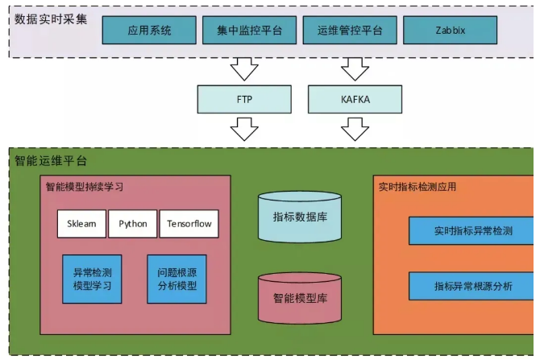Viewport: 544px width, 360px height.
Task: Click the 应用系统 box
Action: pyautogui.click(x=149, y=31)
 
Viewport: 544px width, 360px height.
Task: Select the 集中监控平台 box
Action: pyautogui.click(x=250, y=31)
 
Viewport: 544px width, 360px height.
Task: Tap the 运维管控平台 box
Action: pyautogui.click(x=350, y=31)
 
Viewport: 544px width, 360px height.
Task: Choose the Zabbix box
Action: pyautogui.click(x=450, y=31)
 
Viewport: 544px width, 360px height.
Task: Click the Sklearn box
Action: pyautogui.click(x=81, y=224)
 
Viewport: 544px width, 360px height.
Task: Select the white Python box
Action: pyautogui.click(x=133, y=224)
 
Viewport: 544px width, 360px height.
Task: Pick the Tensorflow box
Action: pyautogui.click(x=189, y=224)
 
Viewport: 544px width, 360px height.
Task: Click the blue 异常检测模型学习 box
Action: pyautogui.click(x=92, y=279)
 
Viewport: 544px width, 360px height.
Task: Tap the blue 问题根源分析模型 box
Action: pyautogui.click(x=176, y=279)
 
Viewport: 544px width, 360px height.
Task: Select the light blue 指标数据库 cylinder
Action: pyautogui.click(x=299, y=217)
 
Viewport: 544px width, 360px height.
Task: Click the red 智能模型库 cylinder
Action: pyautogui.click(x=299, y=298)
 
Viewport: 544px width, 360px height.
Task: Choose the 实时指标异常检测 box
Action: pyautogui.click(x=472, y=230)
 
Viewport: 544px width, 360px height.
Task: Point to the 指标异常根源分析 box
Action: pyautogui.click(x=472, y=286)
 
